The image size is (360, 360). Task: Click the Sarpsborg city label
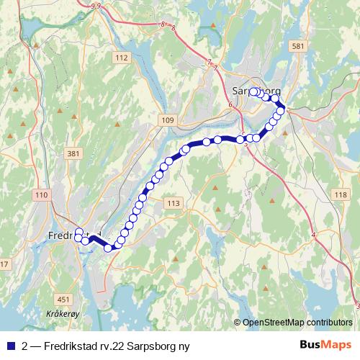tap(257, 90)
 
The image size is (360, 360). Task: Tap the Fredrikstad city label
tap(68, 235)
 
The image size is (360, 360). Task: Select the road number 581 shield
tap(297, 46)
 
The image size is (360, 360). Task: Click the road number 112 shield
tap(121, 58)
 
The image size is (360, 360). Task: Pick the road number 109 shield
tap(168, 120)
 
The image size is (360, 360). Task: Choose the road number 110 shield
tap(40, 195)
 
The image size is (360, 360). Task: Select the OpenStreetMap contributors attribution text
tap(297, 323)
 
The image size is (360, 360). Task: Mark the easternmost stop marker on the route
tap(282, 109)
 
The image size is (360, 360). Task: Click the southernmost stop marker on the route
tap(109, 248)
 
